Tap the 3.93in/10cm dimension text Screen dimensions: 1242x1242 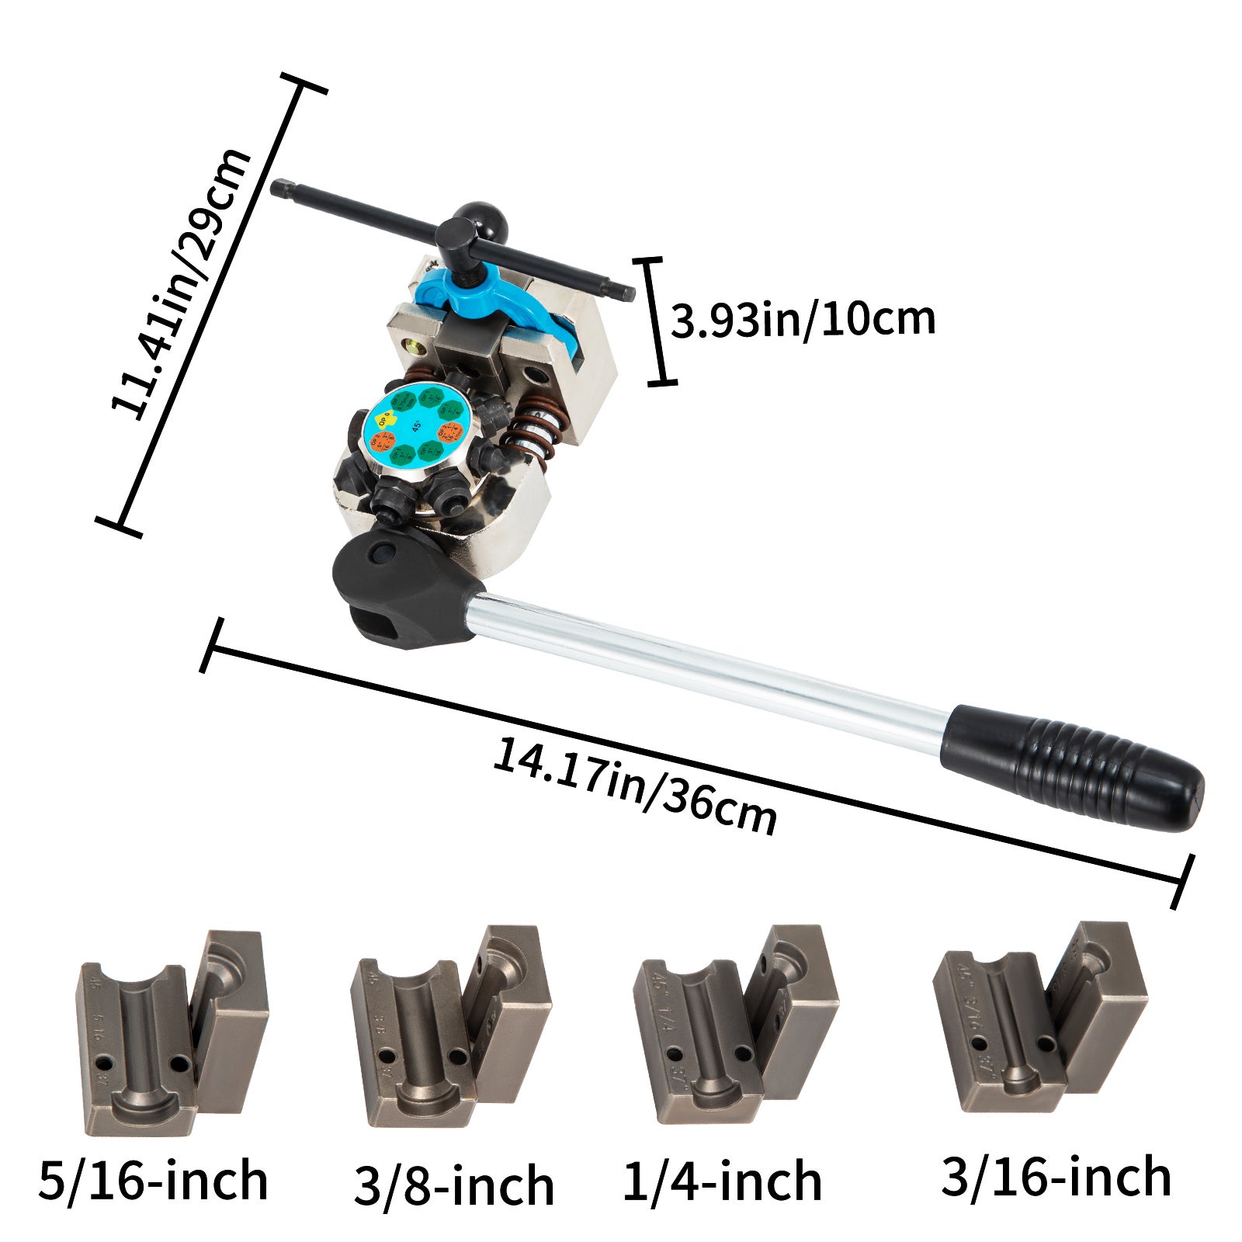click(x=803, y=320)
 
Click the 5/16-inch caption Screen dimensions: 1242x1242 click(x=153, y=1181)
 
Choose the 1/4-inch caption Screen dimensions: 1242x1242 click(x=723, y=1181)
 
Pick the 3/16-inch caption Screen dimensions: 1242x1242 click(x=1056, y=1175)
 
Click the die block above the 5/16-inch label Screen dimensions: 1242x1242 click(x=171, y=1032)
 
